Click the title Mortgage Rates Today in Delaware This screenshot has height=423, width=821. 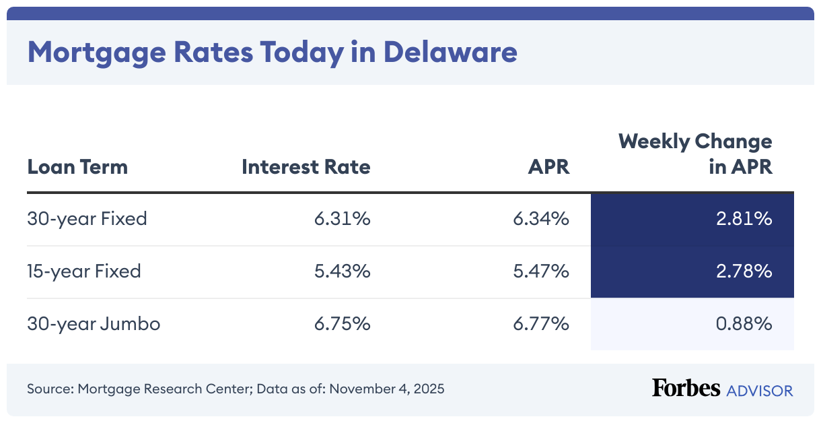[272, 52]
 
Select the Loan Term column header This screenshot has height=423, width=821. [77, 167]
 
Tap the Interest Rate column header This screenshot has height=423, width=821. [306, 167]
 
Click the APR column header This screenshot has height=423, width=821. [548, 167]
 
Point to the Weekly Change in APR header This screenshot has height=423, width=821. [695, 154]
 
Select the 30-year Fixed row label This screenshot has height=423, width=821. [87, 219]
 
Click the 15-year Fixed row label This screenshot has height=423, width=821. [84, 271]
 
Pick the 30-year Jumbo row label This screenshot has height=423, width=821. [94, 324]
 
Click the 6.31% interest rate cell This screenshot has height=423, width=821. [342, 219]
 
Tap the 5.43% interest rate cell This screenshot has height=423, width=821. [342, 271]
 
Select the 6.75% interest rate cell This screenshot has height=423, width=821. [342, 324]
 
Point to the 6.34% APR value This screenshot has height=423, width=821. [540, 219]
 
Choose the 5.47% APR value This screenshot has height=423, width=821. [540, 271]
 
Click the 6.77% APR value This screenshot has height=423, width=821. [540, 324]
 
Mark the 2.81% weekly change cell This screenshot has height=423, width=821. [743, 219]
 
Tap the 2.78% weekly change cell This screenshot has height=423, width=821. [743, 271]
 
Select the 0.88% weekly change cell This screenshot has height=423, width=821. [743, 324]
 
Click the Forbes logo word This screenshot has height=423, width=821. [685, 389]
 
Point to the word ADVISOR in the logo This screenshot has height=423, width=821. [759, 390]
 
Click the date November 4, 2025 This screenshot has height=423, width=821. [386, 389]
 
